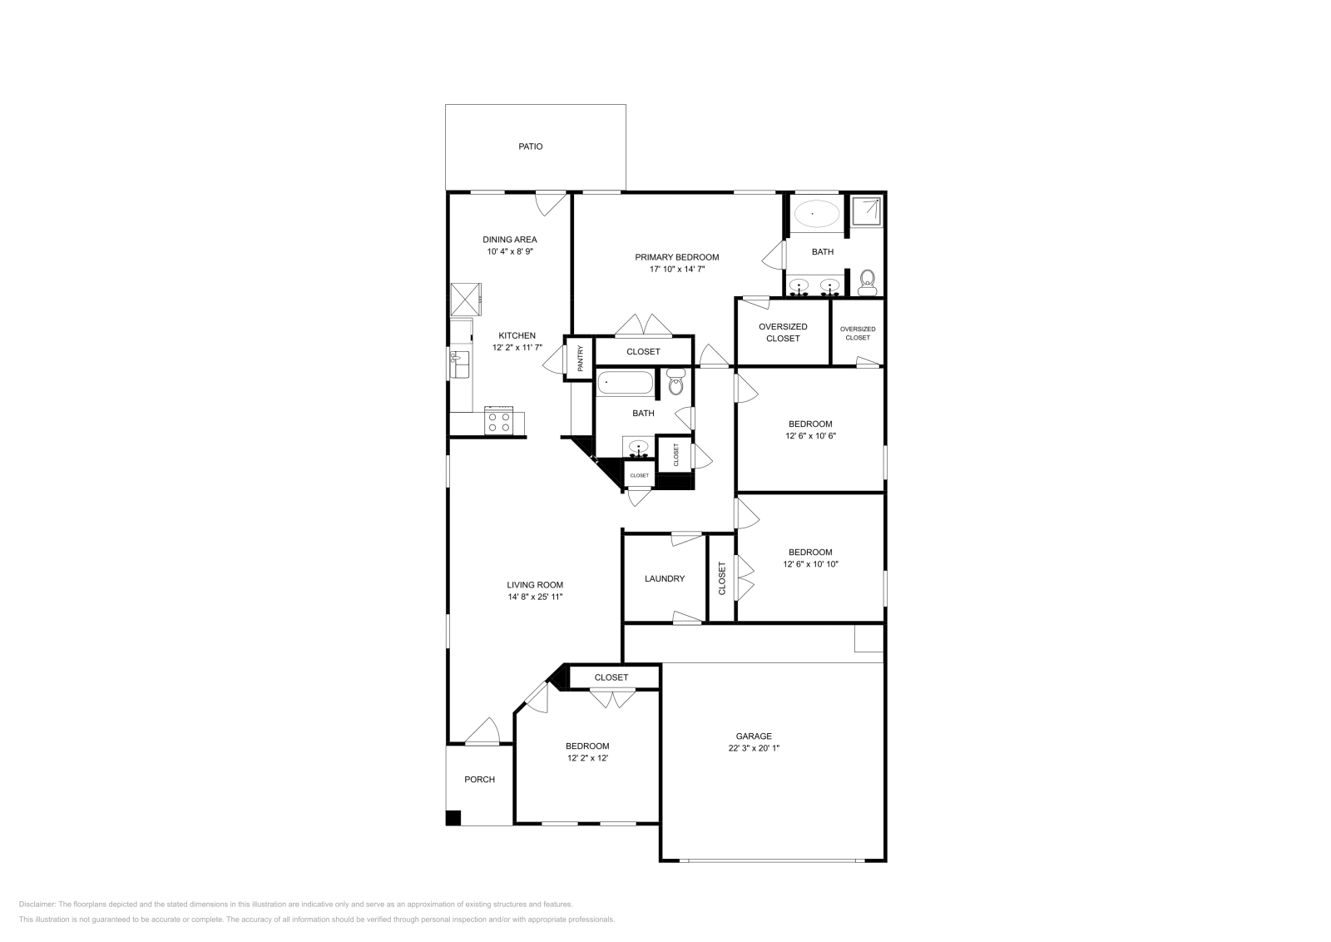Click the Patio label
pyautogui.click(x=531, y=146)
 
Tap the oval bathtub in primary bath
pyautogui.click(x=815, y=214)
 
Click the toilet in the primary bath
pyautogui.click(x=868, y=281)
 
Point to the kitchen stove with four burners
pyautogui.click(x=499, y=422)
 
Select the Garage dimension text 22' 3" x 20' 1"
pyautogui.click(x=753, y=748)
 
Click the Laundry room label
pyautogui.click(x=665, y=578)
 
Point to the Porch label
pyautogui.click(x=479, y=780)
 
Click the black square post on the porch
pyautogui.click(x=453, y=817)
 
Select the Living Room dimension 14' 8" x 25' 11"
pyautogui.click(x=535, y=597)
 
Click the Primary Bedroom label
pyautogui.click(x=677, y=257)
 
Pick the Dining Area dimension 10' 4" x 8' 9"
pyautogui.click(x=509, y=251)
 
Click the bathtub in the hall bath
pyautogui.click(x=625, y=384)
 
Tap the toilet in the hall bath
pyautogui.click(x=675, y=385)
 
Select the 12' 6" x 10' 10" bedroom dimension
pyautogui.click(x=809, y=564)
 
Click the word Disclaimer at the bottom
pyautogui.click(x=37, y=904)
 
